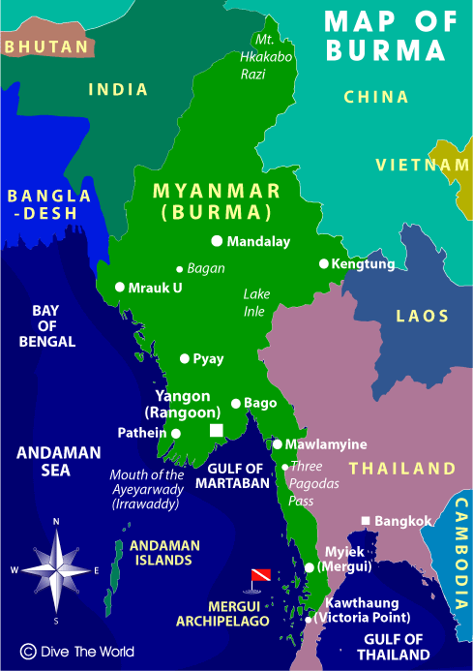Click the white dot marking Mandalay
(217, 241)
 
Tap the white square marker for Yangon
(217, 430)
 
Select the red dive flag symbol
(258, 576)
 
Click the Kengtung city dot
(324, 263)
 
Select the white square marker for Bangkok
(366, 521)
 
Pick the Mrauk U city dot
(120, 287)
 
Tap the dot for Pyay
(185, 358)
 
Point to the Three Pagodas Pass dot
(284, 467)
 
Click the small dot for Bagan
(179, 268)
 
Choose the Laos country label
(423, 316)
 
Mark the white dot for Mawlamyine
(277, 444)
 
